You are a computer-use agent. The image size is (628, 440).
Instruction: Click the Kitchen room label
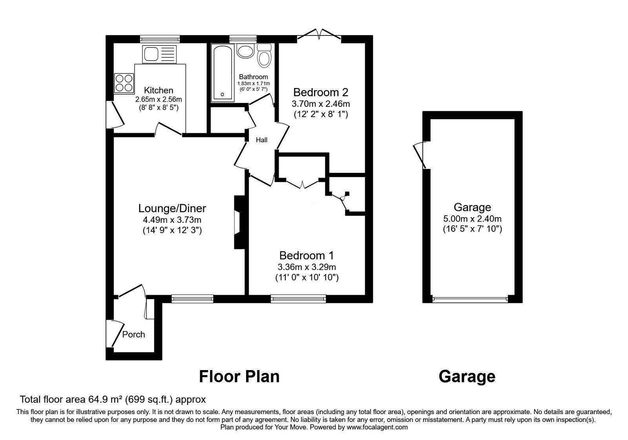point(159,90)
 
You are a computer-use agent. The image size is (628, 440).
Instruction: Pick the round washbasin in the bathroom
point(246,52)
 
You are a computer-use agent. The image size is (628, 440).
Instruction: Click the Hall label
point(261,140)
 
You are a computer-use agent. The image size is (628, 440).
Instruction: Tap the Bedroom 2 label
point(321,92)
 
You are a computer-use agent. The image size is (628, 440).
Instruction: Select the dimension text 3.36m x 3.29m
point(307,267)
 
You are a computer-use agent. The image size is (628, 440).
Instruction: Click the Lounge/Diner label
point(172,208)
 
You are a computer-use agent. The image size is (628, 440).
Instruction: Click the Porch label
point(133,334)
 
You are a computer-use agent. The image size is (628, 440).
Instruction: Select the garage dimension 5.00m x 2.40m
point(472,219)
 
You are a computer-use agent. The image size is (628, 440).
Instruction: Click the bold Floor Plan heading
point(239,376)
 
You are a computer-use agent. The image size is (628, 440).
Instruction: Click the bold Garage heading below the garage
point(467,376)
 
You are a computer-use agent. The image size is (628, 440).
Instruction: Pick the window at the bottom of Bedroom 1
point(298,299)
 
